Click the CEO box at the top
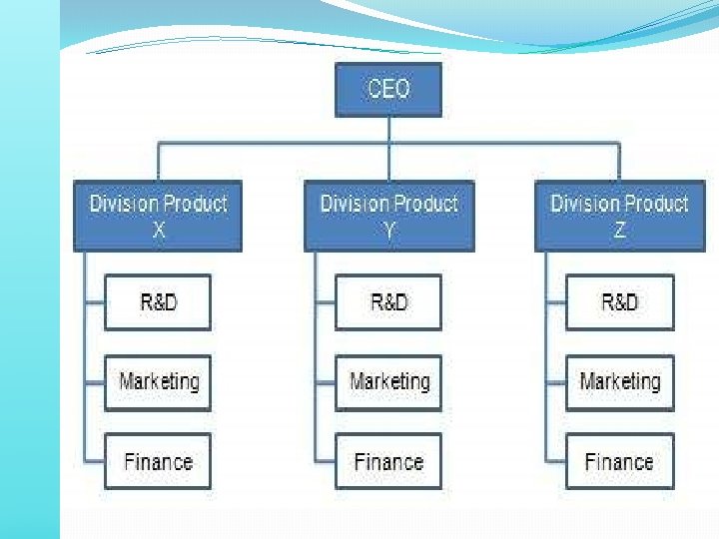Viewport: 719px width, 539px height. click(388, 89)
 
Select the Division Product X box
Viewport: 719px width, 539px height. click(158, 216)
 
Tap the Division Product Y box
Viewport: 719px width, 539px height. click(388, 216)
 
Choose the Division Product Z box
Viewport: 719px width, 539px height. click(619, 216)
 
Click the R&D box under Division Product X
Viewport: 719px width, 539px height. click(158, 301)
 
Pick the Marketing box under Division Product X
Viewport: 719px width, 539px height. click(158, 381)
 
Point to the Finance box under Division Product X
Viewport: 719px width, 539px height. click(158, 461)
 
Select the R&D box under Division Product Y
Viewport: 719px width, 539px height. click(388, 301)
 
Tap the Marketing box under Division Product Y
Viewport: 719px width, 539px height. click(388, 381)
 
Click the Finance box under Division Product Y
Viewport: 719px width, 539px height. click(388, 461)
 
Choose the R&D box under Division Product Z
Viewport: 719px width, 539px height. click(619, 301)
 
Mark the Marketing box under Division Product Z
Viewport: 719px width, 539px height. click(619, 381)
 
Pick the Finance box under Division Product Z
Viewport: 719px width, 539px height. click(619, 461)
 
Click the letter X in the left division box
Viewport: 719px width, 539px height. click(158, 231)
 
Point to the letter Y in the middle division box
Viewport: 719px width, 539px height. click(388, 231)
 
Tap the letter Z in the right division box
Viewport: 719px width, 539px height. click(619, 231)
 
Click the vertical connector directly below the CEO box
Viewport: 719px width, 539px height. click(388, 129)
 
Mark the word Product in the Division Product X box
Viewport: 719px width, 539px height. click(196, 204)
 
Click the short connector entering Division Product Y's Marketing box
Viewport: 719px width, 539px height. click(325, 381)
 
